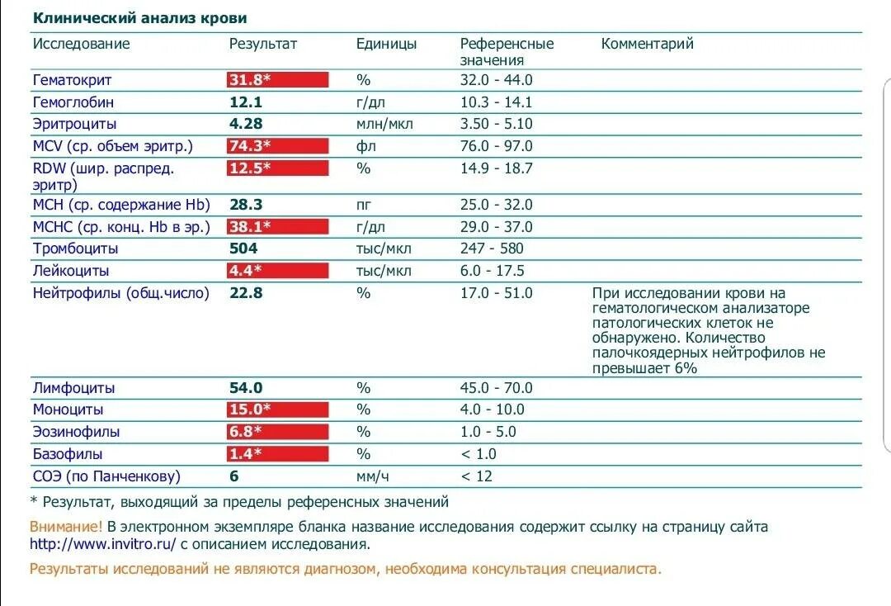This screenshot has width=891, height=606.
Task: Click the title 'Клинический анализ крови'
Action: click(x=139, y=18)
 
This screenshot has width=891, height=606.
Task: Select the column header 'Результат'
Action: click(x=262, y=44)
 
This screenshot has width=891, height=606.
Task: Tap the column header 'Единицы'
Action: click(x=386, y=44)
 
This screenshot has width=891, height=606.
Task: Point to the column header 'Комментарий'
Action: click(x=647, y=44)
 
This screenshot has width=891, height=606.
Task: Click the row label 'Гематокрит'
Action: click(x=72, y=80)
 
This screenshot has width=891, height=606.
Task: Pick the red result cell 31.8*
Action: click(x=277, y=80)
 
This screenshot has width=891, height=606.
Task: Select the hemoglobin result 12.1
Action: click(x=245, y=102)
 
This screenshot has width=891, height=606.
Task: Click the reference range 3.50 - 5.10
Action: click(x=496, y=124)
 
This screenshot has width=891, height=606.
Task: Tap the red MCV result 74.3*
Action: click(x=277, y=146)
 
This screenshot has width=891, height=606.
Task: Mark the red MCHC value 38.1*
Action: click(x=277, y=227)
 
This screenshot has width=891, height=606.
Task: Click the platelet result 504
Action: click(x=243, y=249)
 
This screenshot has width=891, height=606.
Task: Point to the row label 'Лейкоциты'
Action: click(x=71, y=271)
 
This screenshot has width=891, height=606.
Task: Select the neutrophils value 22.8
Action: click(x=245, y=293)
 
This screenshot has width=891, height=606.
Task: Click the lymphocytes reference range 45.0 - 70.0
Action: click(x=496, y=388)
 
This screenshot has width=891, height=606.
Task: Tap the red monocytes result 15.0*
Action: click(x=277, y=410)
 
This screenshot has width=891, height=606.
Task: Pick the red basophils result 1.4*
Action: click(x=277, y=454)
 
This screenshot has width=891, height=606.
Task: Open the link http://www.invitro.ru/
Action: click(x=103, y=544)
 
